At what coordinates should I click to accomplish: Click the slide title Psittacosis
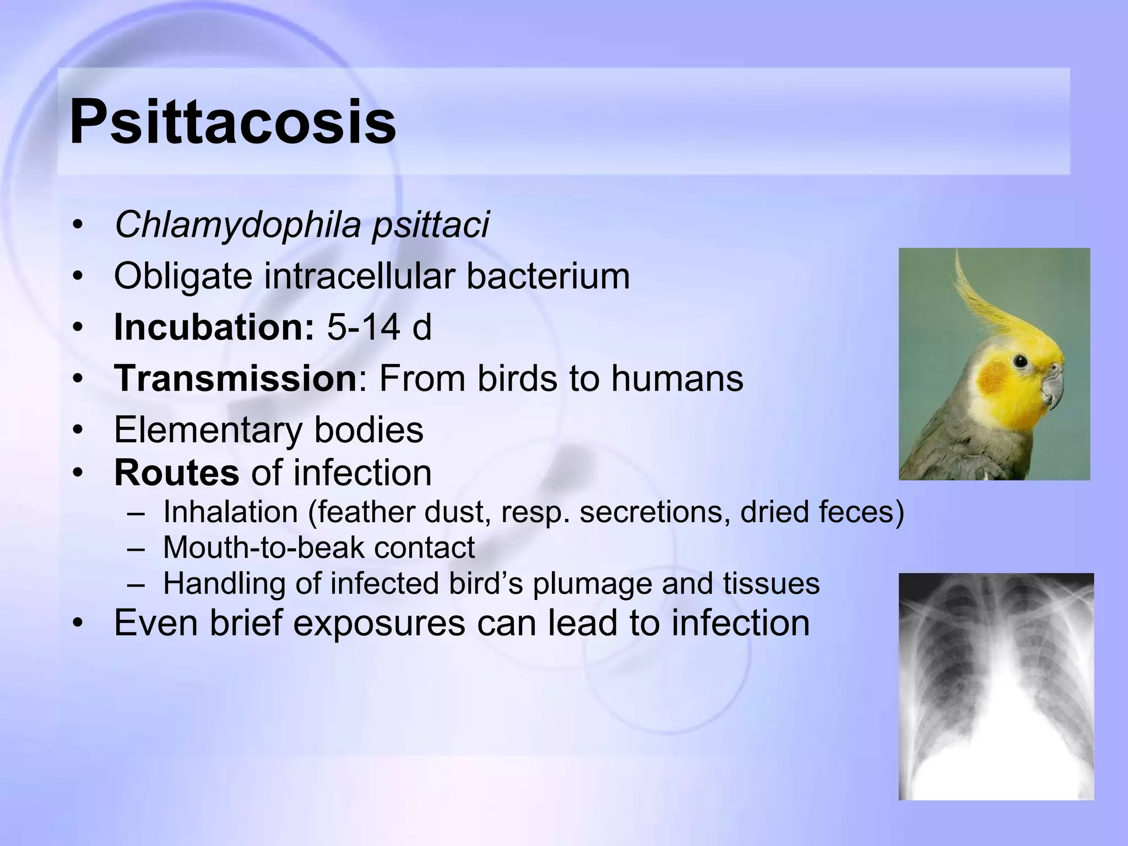[x=232, y=122]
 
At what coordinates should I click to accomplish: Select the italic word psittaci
[x=431, y=225]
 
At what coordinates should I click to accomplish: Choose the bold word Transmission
[x=236, y=378]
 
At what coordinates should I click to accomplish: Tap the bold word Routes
[x=176, y=473]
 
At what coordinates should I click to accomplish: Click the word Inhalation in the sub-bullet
[x=230, y=512]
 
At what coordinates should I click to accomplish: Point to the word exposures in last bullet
[x=379, y=623]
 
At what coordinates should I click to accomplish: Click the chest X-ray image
[x=996, y=686]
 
